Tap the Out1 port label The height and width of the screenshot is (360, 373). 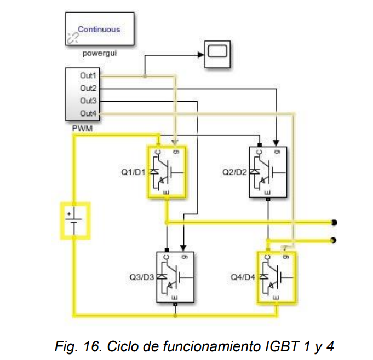pyautogui.click(x=88, y=76)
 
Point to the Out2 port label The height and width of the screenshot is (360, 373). pyautogui.click(x=88, y=88)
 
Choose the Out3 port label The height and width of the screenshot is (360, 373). pyautogui.click(x=88, y=101)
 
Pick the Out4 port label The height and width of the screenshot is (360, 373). pyautogui.click(x=88, y=113)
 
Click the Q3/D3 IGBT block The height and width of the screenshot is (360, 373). pyautogui.click(x=175, y=277)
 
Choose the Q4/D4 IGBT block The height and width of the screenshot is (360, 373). pyautogui.click(x=277, y=277)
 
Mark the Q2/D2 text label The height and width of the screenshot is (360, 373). pyautogui.click(x=234, y=172)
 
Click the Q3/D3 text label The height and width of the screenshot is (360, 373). pyautogui.click(x=142, y=277)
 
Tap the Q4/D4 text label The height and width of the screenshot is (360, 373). pyautogui.click(x=243, y=277)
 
